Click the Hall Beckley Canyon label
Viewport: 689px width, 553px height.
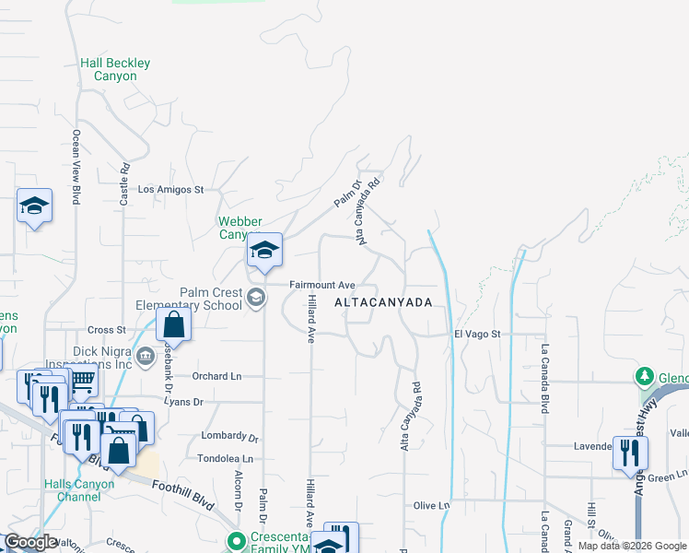tap(115, 69)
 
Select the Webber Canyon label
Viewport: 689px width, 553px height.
tap(239, 228)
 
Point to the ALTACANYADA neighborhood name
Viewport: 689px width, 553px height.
tap(382, 302)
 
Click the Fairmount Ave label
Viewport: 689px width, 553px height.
tap(322, 285)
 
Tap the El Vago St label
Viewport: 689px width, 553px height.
tap(476, 334)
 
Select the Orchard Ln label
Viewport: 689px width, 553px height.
tap(216, 376)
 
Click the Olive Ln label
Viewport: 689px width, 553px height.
tap(430, 505)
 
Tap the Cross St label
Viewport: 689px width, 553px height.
tap(106, 330)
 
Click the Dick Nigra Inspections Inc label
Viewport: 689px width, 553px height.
tap(92, 357)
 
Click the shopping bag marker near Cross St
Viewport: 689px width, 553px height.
tap(173, 324)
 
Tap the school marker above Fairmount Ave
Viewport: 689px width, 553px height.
tap(264, 251)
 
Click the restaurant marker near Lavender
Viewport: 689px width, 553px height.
tap(630, 453)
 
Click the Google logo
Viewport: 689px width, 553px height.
tap(30, 542)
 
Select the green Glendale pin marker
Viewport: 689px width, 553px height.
tap(645, 377)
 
